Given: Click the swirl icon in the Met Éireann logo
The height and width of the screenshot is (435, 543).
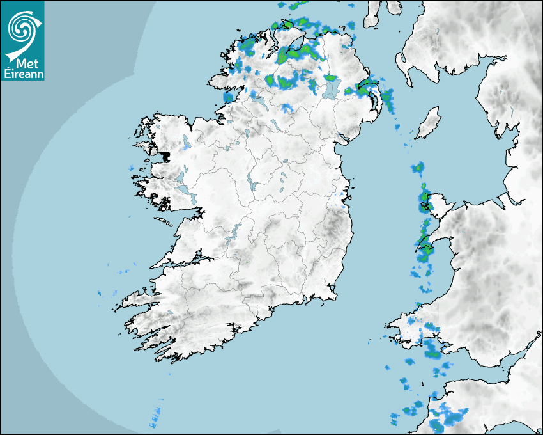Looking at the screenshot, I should pyautogui.click(x=22, y=27).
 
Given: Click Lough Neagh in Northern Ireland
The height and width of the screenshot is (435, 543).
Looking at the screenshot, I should pyautogui.click(x=330, y=88).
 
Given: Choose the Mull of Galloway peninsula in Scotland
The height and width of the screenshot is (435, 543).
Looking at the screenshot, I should pyautogui.click(x=404, y=70).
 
